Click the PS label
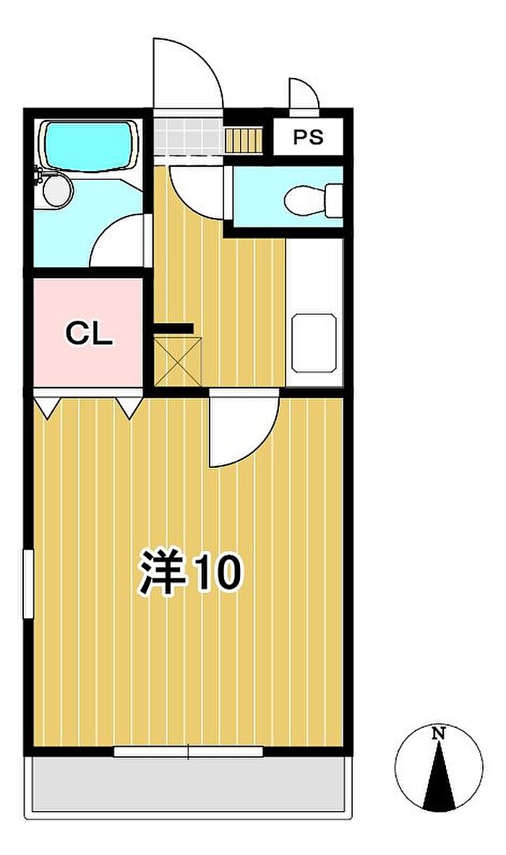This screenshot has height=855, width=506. point(308,137)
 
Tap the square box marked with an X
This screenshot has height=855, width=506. point(178,362)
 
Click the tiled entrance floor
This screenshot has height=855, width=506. point(188,137)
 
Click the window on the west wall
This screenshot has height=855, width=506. point(28,584)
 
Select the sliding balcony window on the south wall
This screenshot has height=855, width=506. point(189,752)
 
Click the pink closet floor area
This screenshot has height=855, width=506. point(88,333)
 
